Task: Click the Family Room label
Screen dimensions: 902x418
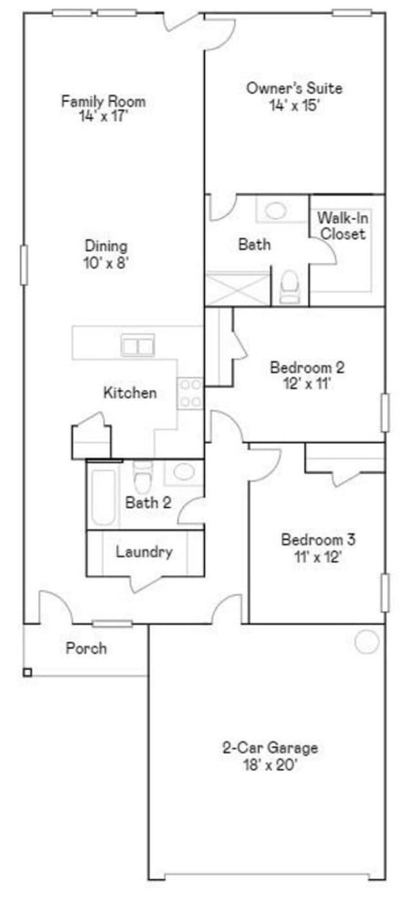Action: [x=103, y=101]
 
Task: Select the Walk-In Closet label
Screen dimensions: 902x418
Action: [x=343, y=226]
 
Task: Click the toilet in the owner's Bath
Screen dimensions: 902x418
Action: [x=290, y=286]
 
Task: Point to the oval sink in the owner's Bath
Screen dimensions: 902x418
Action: [x=276, y=210]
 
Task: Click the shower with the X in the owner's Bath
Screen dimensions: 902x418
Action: [x=237, y=289]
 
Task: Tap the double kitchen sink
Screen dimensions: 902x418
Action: [x=138, y=346]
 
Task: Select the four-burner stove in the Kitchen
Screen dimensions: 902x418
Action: [x=190, y=393]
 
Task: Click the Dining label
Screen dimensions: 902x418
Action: [x=106, y=246]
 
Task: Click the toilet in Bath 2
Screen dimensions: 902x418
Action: [x=142, y=477]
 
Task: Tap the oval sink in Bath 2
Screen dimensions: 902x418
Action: [x=184, y=472]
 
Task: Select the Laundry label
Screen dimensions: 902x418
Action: [x=144, y=552]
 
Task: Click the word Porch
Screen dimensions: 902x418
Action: [x=86, y=649]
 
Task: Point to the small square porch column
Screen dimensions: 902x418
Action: [x=28, y=673]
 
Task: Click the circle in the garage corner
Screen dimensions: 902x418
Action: [x=367, y=641]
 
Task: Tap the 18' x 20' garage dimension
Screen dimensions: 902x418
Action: [x=270, y=766]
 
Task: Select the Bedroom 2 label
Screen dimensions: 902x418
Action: [x=307, y=368]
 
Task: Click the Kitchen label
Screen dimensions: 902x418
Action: [x=130, y=392]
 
